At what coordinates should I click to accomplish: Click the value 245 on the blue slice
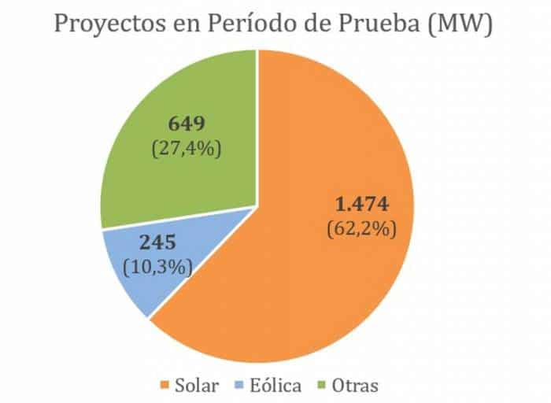pyautogui.click(x=157, y=243)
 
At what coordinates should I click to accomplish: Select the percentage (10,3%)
pyautogui.click(x=157, y=267)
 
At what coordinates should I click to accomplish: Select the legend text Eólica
pyautogui.click(x=275, y=386)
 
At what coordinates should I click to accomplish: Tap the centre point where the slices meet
pyautogui.click(x=257, y=207)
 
